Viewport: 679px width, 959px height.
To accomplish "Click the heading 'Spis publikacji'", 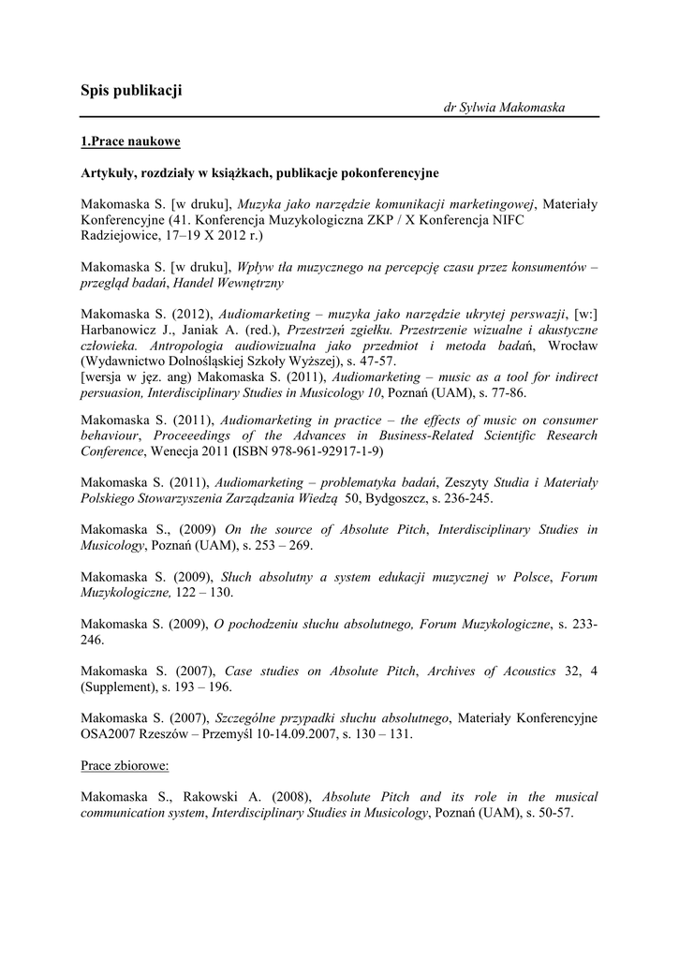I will [x=131, y=90].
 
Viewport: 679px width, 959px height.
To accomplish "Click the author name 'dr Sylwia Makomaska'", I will [x=504, y=108].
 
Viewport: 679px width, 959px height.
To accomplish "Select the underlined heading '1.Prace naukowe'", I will [x=129, y=141].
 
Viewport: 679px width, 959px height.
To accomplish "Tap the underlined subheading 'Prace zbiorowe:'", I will [x=125, y=765].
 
